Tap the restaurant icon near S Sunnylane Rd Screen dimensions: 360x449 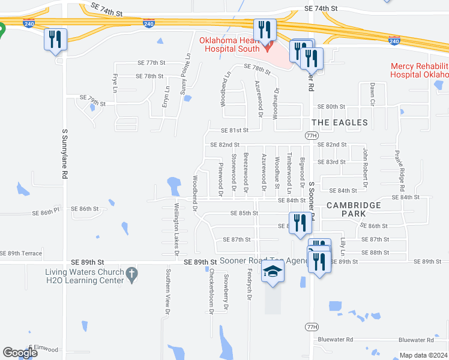[x=55, y=40]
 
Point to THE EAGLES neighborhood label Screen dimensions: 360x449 [x=340, y=122]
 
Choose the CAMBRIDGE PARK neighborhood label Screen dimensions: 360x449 [x=354, y=209]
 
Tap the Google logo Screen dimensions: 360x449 [x=20, y=352]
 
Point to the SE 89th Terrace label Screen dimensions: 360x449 [x=22, y=253]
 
